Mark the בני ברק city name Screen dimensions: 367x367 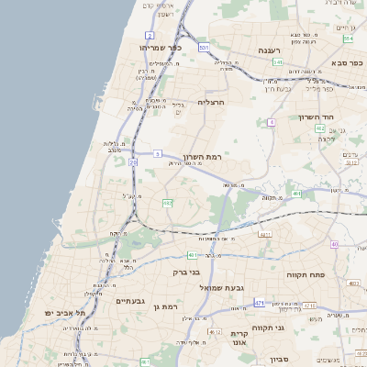(186, 272)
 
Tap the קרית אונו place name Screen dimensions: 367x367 (239, 339)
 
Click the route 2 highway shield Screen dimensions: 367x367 (150, 34)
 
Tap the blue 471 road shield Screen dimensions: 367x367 (260, 303)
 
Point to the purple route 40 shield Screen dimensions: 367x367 (335, 244)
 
